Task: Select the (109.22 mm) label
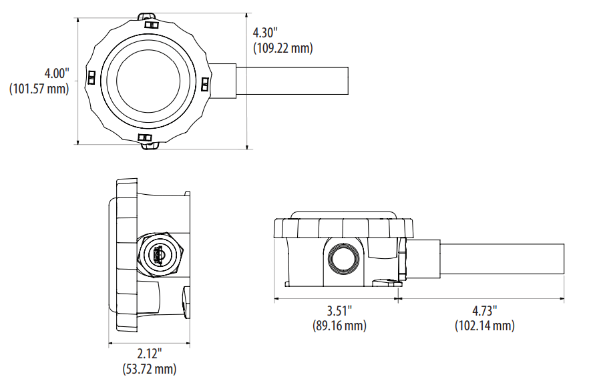pos(283,48)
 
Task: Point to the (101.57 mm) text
pos(39,89)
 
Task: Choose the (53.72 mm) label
pos(150,368)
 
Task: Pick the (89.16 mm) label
pos(339,326)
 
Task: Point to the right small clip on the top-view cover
pos(205,83)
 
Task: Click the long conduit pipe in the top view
pos(294,81)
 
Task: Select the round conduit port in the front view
pos(345,256)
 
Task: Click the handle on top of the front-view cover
pos(345,215)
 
